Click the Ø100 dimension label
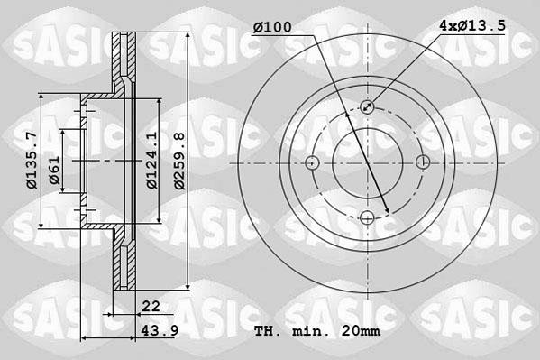[x=271, y=28]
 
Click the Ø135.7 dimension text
[x=31, y=162]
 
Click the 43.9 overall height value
[x=158, y=331]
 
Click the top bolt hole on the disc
[x=368, y=107]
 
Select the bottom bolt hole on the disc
[x=368, y=217]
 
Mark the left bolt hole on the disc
[x=313, y=162]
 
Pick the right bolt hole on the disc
[x=423, y=162]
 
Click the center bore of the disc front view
[x=368, y=162]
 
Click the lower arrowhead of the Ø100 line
[x=386, y=212]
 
